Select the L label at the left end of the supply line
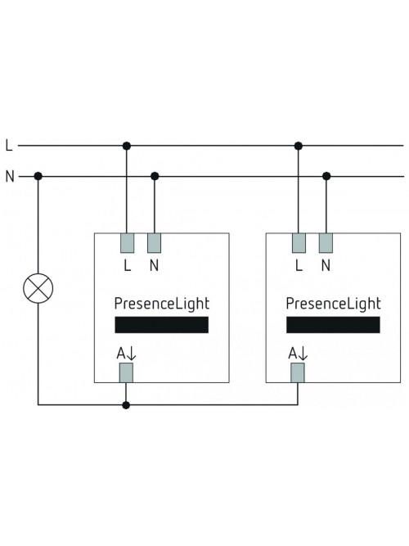click(9, 145)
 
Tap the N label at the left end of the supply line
click(10, 177)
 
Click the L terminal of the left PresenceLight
click(127, 243)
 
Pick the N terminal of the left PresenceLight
click(155, 243)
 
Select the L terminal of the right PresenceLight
click(299, 243)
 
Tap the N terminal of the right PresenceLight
click(326, 243)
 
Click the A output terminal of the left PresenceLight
click(126, 373)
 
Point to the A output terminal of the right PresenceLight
click(298, 373)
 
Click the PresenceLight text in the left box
click(162, 304)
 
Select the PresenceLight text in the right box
click(334, 304)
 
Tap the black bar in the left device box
click(162, 325)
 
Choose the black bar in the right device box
click(333, 325)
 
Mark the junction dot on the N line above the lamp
click(38, 177)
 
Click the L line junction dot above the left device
click(127, 146)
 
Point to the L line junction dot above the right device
click(299, 146)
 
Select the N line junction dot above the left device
click(155, 177)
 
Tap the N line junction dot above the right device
click(326, 177)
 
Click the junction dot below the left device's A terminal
click(126, 405)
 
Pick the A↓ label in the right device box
click(299, 354)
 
